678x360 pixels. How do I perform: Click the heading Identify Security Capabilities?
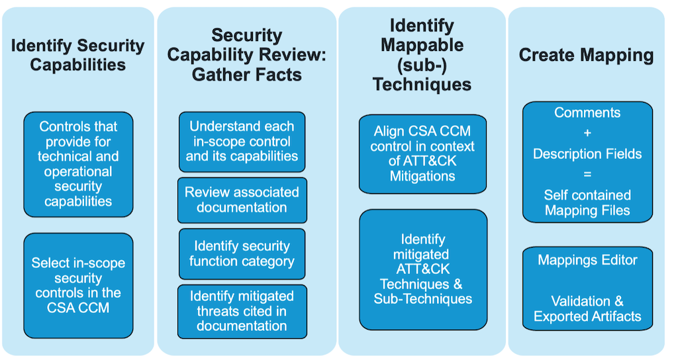[x=78, y=55]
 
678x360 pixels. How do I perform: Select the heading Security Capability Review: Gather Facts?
[x=246, y=55]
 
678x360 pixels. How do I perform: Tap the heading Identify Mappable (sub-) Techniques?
[x=422, y=55]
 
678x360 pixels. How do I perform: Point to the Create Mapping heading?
[x=586, y=55]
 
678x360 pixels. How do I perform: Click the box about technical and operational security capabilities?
[x=78, y=163]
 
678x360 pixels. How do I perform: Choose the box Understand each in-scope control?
[x=242, y=141]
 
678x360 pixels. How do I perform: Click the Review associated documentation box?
[x=242, y=200]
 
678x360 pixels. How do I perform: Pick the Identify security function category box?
[x=242, y=253]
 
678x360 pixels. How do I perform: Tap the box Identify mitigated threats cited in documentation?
[x=242, y=311]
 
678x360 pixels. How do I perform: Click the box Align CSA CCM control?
[x=422, y=154]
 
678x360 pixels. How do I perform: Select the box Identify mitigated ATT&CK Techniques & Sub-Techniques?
[x=422, y=269]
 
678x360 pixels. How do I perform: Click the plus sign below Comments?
[x=587, y=133]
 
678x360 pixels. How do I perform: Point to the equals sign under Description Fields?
[x=587, y=174]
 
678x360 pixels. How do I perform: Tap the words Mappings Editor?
[x=587, y=260]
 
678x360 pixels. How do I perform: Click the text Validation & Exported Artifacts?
[x=587, y=308]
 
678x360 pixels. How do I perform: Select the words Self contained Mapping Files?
[x=587, y=202]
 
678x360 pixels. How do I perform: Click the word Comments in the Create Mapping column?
[x=587, y=112]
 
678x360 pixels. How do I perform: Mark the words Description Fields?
[x=587, y=154]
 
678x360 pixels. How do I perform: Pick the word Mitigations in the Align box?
[x=422, y=177]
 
